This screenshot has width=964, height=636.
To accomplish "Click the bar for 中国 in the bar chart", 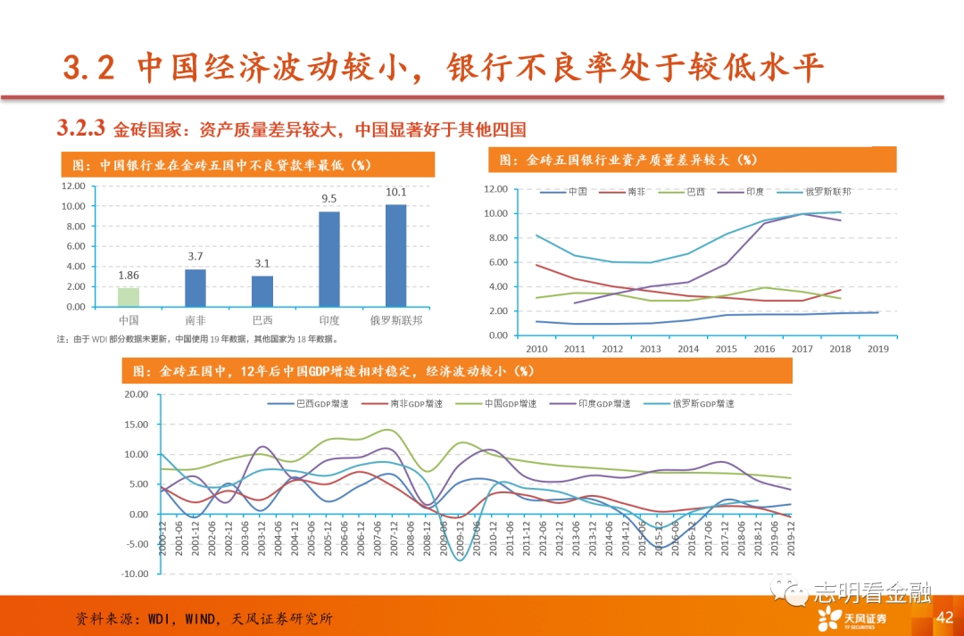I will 129,297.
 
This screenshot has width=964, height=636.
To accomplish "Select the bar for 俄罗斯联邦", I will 395,256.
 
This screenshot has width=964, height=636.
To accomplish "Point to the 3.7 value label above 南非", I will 195,257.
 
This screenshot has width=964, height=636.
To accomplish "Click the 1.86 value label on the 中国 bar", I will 129,277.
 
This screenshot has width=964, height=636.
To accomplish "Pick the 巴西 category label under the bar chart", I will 262,319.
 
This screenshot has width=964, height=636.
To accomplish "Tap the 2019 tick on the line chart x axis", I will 878,348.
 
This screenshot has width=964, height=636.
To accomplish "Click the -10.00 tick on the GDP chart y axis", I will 135,574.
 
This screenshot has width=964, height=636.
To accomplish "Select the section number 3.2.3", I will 81,128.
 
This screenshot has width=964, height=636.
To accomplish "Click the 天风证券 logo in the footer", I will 852,617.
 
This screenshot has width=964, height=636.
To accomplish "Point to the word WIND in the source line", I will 204,618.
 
